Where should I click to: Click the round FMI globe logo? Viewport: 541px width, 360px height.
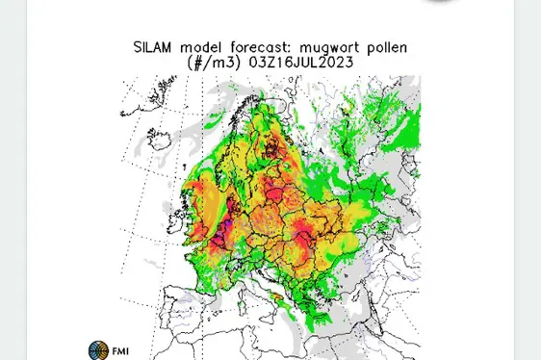click(x=96, y=350)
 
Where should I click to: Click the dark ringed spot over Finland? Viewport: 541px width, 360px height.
click(x=274, y=147)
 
